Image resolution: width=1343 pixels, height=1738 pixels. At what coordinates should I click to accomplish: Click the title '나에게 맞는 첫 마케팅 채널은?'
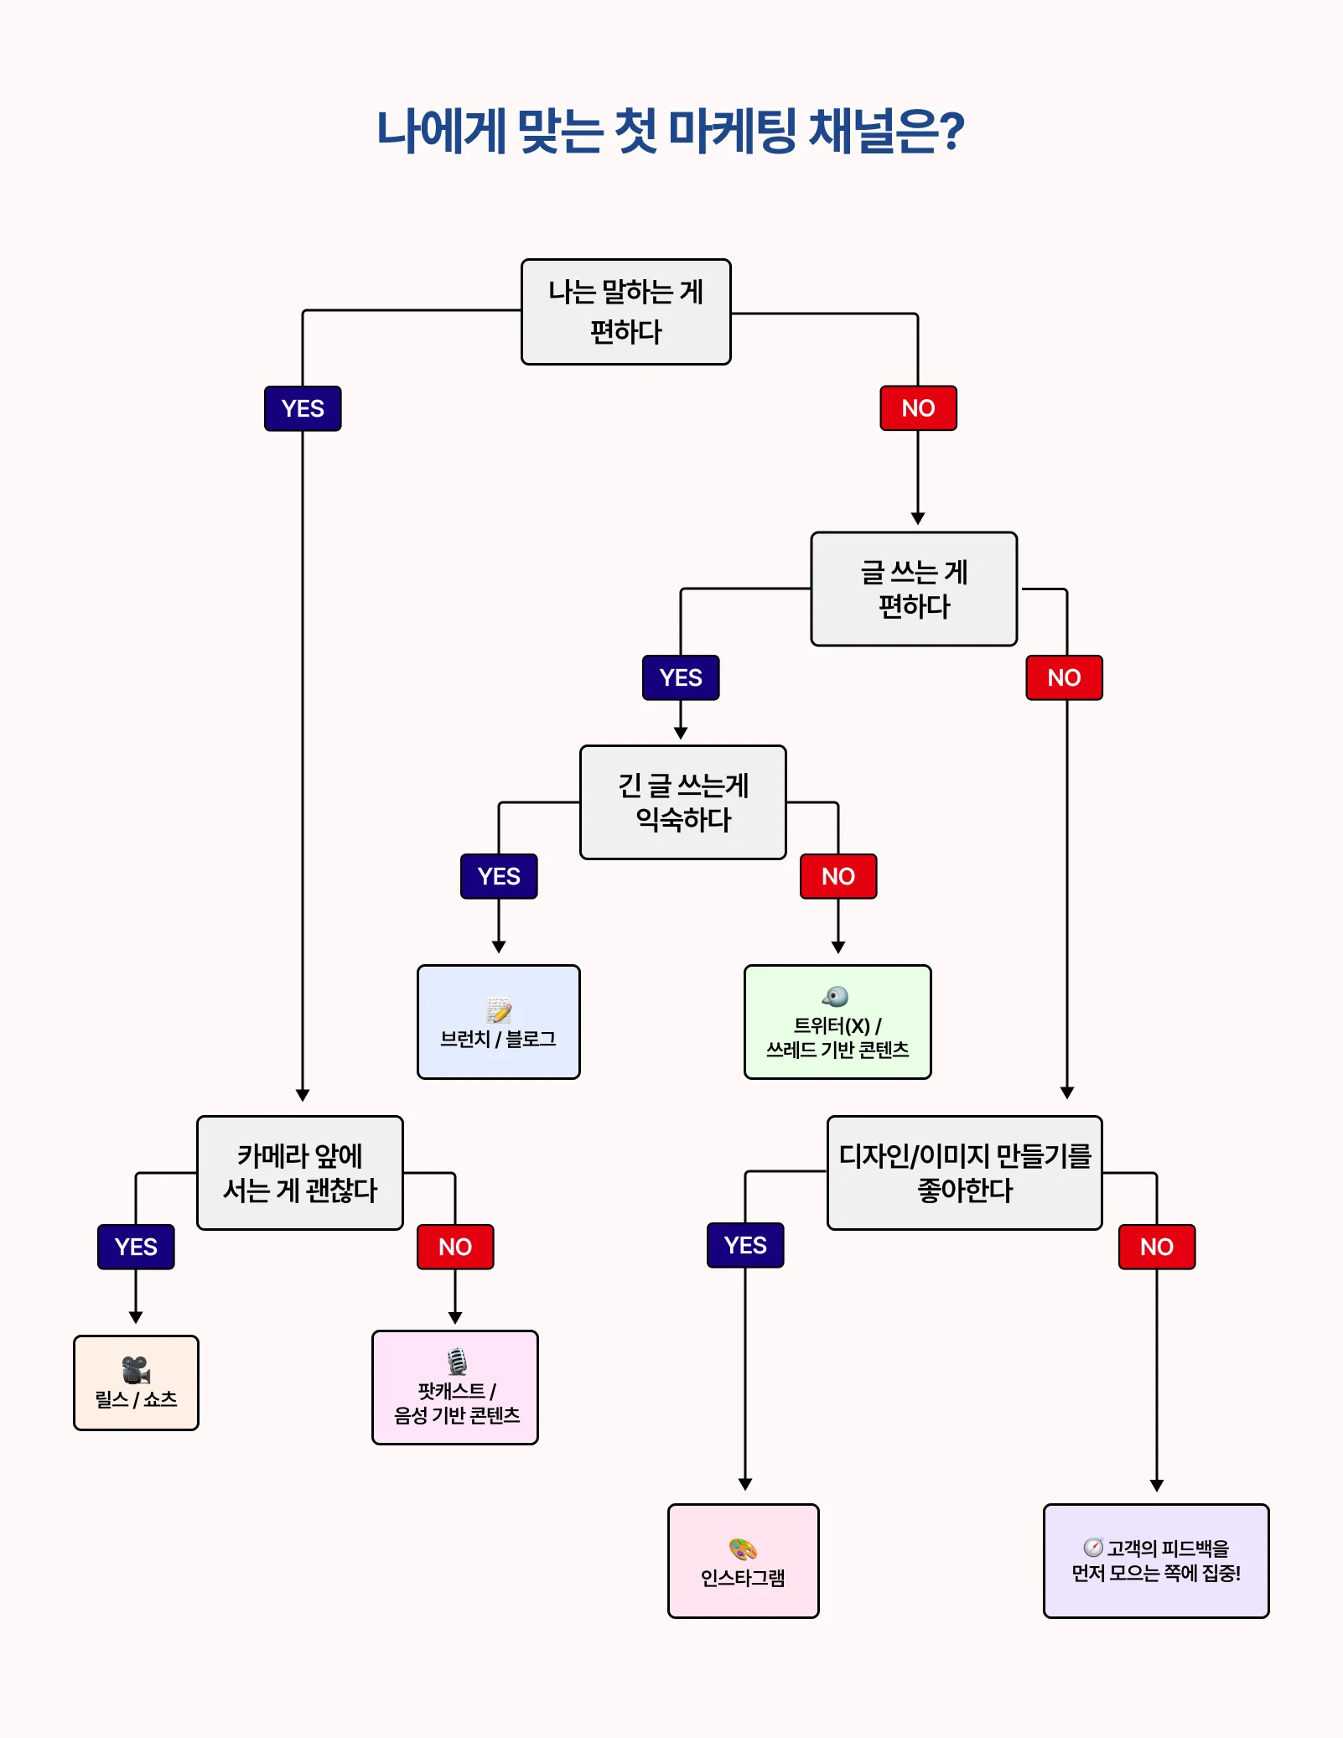coord(671,132)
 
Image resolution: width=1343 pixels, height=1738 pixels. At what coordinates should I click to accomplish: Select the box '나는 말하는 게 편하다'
coord(625,312)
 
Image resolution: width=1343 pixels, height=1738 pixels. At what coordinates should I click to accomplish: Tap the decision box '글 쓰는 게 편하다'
coord(914,589)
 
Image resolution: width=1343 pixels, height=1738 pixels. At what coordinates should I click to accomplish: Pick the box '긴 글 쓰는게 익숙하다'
coord(682,802)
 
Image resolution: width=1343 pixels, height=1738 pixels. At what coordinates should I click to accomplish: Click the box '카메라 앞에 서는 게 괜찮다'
coord(300,1173)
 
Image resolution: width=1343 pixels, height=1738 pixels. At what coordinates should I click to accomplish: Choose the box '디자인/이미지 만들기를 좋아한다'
coord(964,1173)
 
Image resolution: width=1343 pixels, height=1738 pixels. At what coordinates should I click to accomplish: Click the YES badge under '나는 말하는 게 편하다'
coord(303,408)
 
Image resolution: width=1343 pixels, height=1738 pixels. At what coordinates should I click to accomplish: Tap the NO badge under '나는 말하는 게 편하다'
coord(918,408)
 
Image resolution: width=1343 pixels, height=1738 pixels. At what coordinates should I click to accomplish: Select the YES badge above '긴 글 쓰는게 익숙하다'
coord(681,677)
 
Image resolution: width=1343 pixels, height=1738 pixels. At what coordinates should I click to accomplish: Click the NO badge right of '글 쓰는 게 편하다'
coord(1064,677)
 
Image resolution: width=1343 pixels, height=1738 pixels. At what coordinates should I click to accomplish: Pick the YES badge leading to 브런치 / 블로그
coord(499,876)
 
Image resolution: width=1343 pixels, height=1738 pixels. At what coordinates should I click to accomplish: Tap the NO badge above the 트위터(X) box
coord(838,876)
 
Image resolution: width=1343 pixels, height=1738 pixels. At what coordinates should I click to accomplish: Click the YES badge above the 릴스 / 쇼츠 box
coord(136,1247)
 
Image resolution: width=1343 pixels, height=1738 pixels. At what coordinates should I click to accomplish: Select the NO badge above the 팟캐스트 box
coord(455,1247)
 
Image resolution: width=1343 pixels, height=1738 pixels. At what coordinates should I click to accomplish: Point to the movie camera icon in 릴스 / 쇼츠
coord(136,1370)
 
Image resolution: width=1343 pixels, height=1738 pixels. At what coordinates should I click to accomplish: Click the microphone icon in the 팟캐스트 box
coord(457,1361)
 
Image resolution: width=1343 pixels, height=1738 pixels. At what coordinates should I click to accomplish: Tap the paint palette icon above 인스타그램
coord(743,1549)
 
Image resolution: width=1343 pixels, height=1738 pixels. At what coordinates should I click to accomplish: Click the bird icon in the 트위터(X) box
coord(835,996)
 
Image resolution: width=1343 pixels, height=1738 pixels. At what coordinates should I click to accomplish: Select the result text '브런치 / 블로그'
coord(499,1039)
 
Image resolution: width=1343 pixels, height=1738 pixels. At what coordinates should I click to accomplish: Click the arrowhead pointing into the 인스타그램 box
coord(745,1485)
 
